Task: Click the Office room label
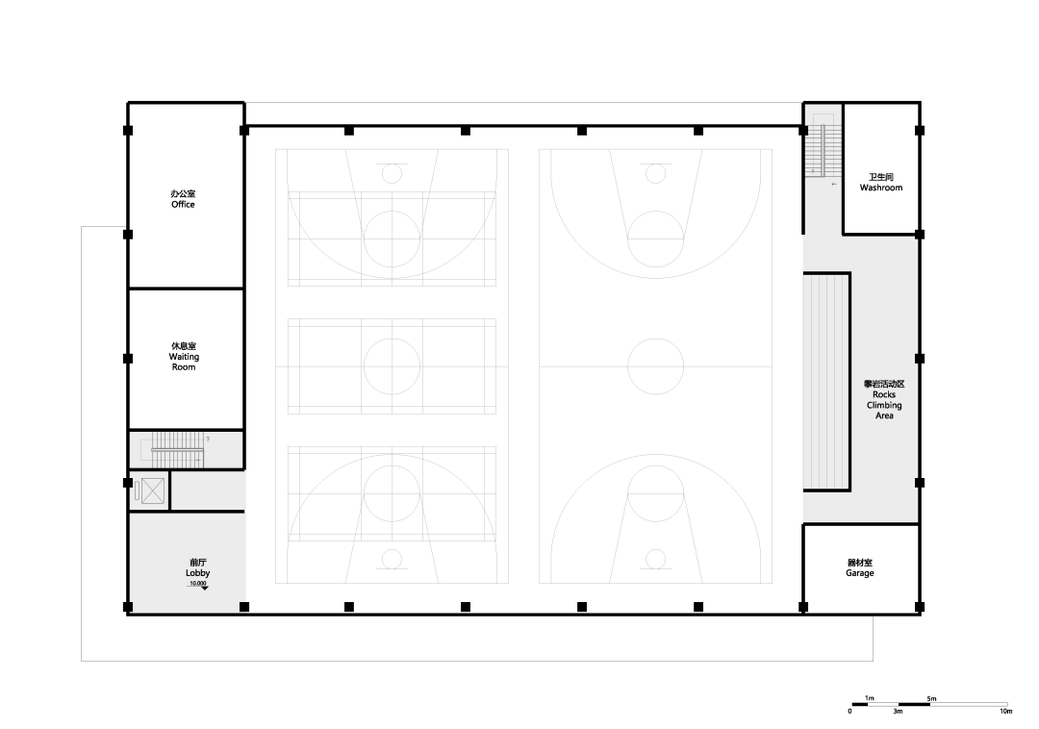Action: (x=183, y=199)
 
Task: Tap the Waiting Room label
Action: (x=184, y=356)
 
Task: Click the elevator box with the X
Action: (x=152, y=490)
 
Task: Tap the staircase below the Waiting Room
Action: (x=178, y=449)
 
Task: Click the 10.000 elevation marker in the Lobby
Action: (x=198, y=585)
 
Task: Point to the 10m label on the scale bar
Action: (x=1006, y=712)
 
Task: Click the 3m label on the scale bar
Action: (x=898, y=712)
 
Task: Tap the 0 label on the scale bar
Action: (x=850, y=712)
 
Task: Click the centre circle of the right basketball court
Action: (x=655, y=339)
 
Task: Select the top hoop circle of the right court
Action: (x=655, y=164)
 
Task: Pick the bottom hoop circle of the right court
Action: (x=655, y=549)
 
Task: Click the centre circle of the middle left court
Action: (x=392, y=339)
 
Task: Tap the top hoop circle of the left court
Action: (x=392, y=164)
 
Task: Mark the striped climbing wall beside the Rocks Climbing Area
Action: (x=825, y=382)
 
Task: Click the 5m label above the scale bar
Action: (x=931, y=698)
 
